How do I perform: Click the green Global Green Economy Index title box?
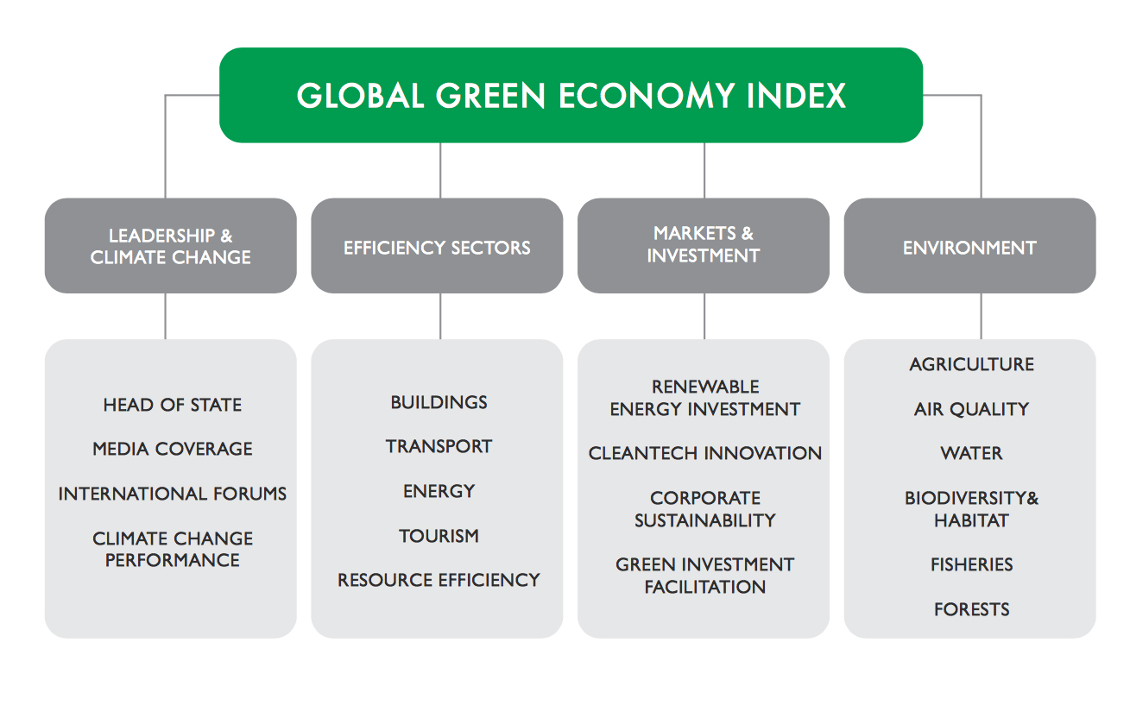tap(571, 95)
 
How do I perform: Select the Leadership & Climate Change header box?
tap(170, 246)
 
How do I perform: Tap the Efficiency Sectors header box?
tap(437, 248)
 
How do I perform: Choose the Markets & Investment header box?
tap(703, 244)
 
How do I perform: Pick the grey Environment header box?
tap(969, 248)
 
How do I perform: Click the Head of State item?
tap(172, 405)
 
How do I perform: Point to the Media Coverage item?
tap(172, 449)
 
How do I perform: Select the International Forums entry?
tap(172, 494)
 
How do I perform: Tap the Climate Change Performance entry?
tap(172, 549)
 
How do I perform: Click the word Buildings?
tap(439, 402)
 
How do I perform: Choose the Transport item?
tap(439, 446)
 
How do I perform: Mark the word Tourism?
tap(439, 536)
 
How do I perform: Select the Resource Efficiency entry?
tap(439, 580)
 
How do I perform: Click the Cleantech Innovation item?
tap(704, 453)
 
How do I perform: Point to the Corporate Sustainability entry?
tap(704, 509)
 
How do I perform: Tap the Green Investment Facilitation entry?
tap(704, 576)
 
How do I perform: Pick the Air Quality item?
tap(971, 409)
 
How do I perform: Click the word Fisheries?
tap(971, 564)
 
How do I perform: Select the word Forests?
tap(971, 609)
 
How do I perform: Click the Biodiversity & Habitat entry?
tap(971, 509)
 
